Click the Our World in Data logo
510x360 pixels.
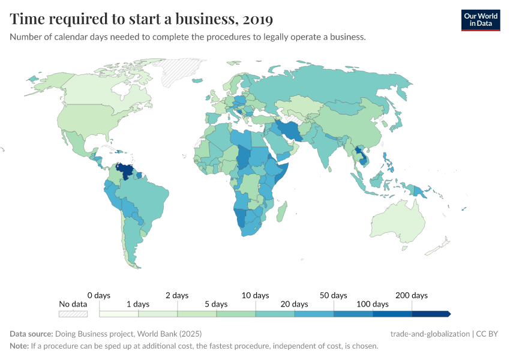480,20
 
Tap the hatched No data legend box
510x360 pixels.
73,313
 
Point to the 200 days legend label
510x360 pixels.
412,295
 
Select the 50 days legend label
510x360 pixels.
333,295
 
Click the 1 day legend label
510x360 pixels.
138,304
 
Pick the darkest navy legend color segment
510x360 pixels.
430,313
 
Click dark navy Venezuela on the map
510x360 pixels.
126,171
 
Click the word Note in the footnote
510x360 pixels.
19,346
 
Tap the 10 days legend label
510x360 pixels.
255,295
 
